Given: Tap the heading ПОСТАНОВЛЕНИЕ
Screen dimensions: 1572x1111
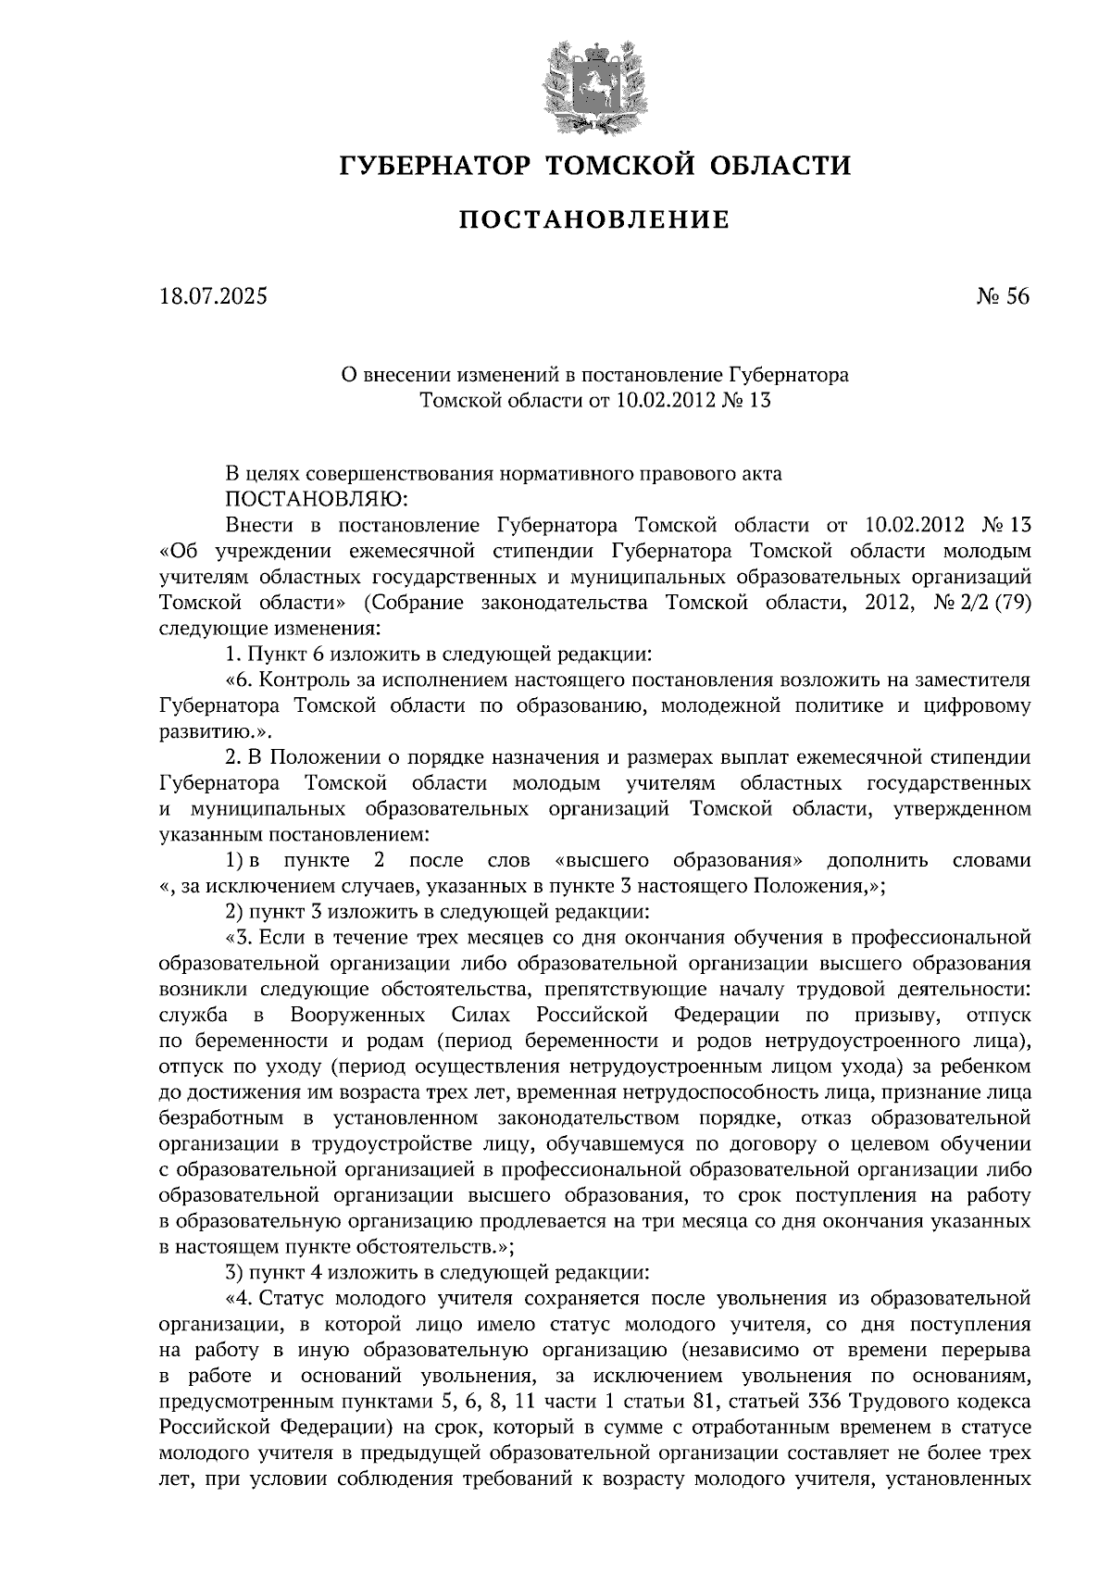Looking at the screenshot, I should [x=594, y=219].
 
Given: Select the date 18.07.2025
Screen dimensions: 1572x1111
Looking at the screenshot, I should [x=212, y=298].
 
